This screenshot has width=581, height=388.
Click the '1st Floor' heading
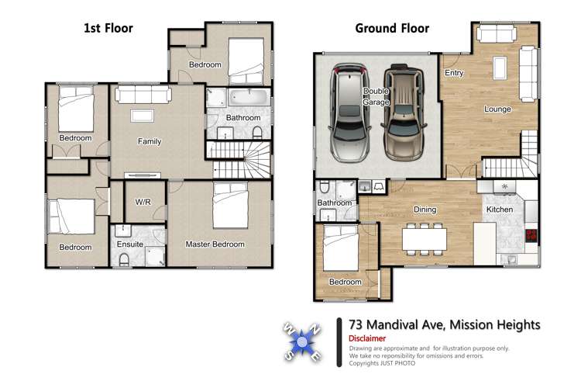click(108, 29)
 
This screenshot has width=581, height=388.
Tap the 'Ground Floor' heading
click(392, 29)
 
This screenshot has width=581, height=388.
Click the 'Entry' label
click(454, 74)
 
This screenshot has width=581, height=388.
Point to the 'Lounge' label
click(497, 109)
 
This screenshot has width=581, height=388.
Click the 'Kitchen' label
click(499, 210)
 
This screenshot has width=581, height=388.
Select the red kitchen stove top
click(531, 236)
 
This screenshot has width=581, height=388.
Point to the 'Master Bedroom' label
click(215, 244)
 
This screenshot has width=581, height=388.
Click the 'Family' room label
click(150, 142)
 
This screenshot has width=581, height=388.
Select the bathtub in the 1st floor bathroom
click(249, 99)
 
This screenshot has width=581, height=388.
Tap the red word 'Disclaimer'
click(363, 339)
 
